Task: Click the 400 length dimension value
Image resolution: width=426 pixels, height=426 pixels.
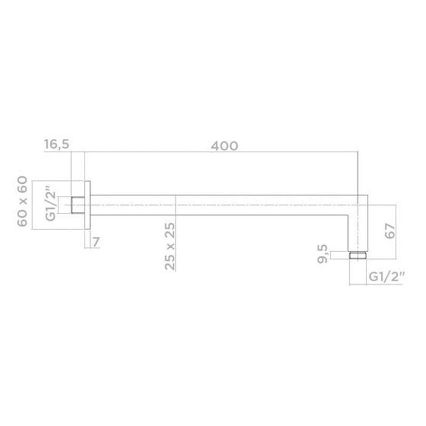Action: [225, 146]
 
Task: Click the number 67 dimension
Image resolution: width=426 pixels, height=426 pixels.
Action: [390, 232]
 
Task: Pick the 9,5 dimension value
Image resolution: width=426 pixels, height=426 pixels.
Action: [323, 253]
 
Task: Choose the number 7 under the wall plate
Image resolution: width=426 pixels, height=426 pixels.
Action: [96, 242]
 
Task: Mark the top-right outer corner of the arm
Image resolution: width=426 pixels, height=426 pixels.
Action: [367, 194]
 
